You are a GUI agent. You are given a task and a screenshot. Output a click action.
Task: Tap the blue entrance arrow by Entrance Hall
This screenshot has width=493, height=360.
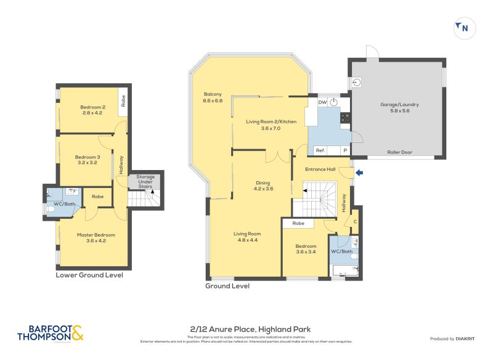[359, 173]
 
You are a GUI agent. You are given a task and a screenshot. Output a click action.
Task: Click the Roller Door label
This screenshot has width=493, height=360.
[399, 152]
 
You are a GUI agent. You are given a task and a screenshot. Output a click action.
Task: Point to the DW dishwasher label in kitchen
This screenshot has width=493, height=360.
[322, 102]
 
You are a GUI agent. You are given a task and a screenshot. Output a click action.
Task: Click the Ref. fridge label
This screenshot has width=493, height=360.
[320, 150]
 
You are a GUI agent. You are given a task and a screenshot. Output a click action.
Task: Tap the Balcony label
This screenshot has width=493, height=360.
[213, 97]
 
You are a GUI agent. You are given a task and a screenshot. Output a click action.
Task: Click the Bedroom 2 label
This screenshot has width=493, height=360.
[92, 110]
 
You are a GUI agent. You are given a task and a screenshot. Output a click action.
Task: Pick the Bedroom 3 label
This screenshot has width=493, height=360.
[87, 160]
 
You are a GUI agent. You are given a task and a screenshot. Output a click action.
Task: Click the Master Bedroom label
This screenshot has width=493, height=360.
[96, 238]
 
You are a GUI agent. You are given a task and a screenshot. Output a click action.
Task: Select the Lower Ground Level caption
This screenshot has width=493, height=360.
[89, 275]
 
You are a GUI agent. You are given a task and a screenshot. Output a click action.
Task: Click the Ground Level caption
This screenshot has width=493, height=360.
[227, 286]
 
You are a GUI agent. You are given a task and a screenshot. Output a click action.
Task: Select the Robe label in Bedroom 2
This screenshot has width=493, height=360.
[124, 100]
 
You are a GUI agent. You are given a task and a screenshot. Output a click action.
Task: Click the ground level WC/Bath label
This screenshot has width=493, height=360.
[341, 251]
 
